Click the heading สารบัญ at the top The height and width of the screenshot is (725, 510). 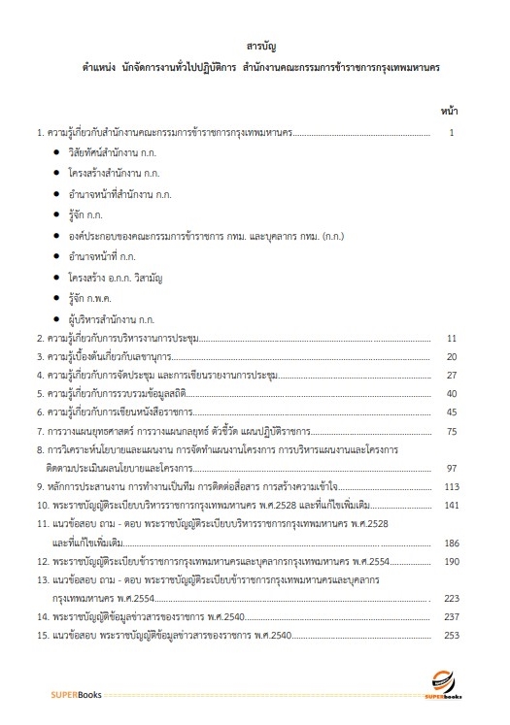(255, 46)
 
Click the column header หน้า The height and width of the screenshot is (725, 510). (449, 111)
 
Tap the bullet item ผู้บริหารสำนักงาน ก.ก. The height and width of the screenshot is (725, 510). (112, 318)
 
